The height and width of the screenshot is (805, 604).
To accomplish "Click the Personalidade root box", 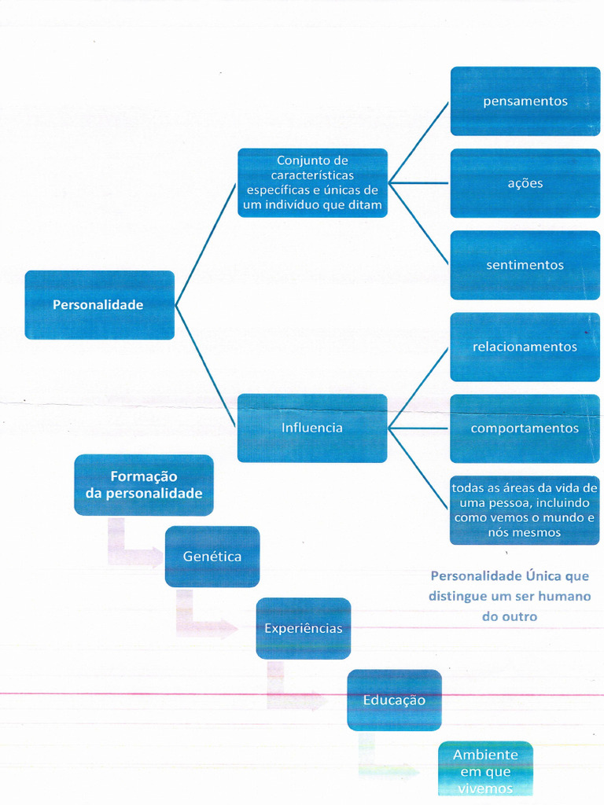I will [99, 305].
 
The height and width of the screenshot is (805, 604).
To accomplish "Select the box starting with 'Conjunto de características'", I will [312, 183].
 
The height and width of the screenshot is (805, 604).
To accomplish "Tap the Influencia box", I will [312, 428].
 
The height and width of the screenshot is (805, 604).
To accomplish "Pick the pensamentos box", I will [525, 101].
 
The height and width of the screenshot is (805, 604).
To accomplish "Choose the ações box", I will [525, 183].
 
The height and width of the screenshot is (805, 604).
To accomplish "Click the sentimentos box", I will [525, 265].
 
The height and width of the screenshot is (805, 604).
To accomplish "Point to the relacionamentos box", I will [525, 347].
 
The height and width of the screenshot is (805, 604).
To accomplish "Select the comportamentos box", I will [525, 428].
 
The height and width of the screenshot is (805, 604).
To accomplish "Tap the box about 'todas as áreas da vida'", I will [525, 510].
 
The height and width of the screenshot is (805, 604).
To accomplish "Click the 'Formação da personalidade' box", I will [144, 485].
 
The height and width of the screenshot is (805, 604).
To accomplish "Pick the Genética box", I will [212, 557].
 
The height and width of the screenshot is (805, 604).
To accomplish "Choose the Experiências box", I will [304, 628].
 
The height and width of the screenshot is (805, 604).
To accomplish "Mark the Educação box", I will [394, 700].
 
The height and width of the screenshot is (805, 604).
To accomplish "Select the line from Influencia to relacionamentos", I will [418, 387].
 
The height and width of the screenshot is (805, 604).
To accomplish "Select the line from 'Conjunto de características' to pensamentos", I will [418, 142].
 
